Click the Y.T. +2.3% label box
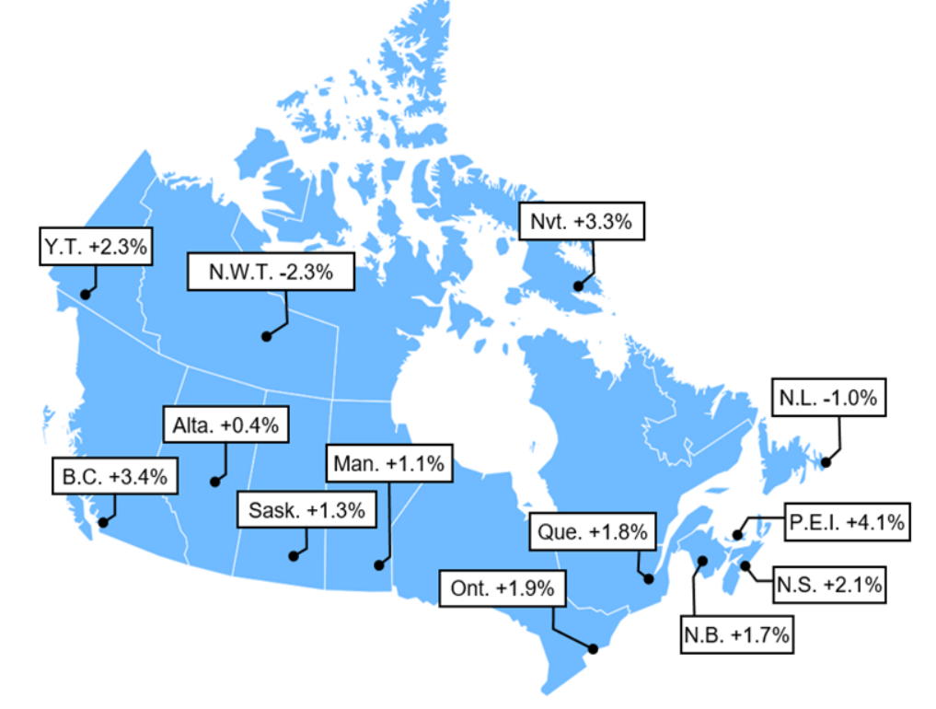(95, 247)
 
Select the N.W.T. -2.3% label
(271, 272)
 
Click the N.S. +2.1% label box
(829, 584)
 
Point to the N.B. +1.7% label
(736, 634)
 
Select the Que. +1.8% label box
(595, 532)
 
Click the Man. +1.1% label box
(388, 464)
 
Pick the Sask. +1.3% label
(306, 510)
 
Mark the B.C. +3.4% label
(115, 477)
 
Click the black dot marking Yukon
(85, 295)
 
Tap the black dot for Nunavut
(578, 285)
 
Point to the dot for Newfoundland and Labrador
(826, 461)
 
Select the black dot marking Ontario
(593, 649)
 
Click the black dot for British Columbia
(103, 522)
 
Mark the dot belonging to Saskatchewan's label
(293, 555)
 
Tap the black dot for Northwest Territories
(266, 337)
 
